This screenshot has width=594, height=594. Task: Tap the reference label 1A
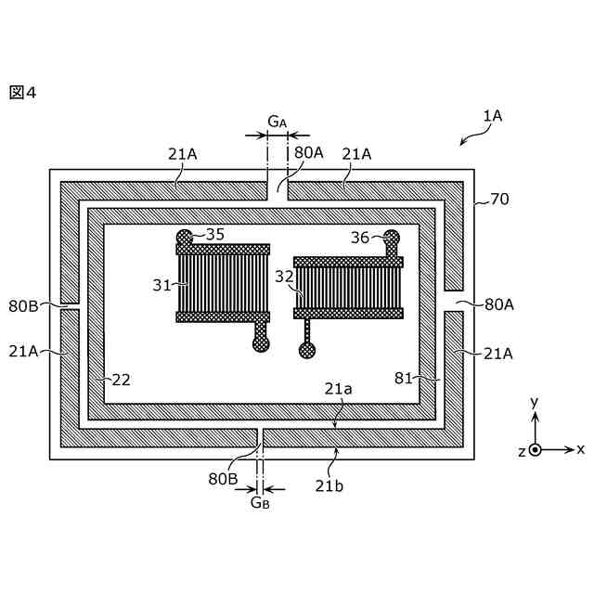[492, 116]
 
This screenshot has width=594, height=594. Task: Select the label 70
[499, 199]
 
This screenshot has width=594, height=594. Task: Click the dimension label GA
[277, 122]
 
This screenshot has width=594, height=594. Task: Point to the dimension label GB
[260, 502]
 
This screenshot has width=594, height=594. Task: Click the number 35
[214, 234]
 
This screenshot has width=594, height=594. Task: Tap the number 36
[360, 238]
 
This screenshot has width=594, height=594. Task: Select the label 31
[162, 285]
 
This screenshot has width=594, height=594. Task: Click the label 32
[284, 276]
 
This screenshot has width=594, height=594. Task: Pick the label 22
[122, 379]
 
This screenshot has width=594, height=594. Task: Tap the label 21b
[329, 484]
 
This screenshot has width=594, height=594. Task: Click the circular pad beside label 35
[185, 238]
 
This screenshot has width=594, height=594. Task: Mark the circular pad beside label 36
[392, 238]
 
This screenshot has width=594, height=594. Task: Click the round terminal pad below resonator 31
[261, 343]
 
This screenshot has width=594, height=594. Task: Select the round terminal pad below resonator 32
[306, 350]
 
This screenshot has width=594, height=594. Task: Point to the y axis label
[534, 402]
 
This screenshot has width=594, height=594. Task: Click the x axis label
[580, 449]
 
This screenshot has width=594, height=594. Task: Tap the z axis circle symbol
[535, 449]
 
